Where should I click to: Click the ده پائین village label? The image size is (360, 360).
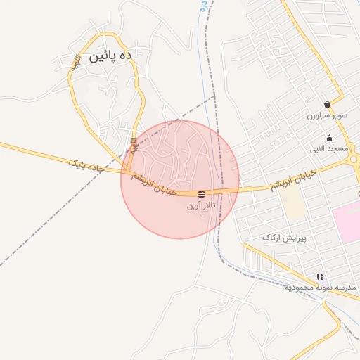click(107, 57)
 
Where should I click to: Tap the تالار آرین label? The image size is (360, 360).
click(202, 206)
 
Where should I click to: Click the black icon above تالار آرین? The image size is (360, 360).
click(202, 193)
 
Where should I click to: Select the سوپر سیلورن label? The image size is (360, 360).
click(327, 116)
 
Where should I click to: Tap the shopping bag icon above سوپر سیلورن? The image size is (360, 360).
click(327, 104)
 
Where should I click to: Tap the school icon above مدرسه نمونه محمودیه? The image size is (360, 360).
click(321, 276)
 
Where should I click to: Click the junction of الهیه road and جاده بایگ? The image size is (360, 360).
click(127, 172)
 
